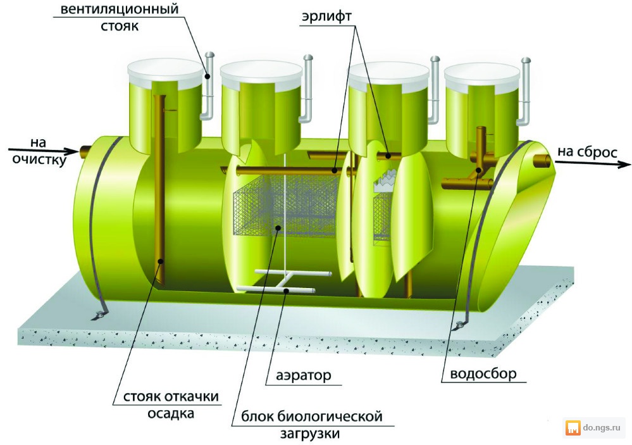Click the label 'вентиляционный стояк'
point(120,17)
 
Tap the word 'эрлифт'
point(326,17)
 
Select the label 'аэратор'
point(304,375)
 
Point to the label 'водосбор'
point(483,373)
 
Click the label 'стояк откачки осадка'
point(171,404)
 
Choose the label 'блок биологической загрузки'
point(311,424)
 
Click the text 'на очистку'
point(39,151)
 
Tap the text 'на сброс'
point(587,152)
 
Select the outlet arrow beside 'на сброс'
point(593,163)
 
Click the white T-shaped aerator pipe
point(284,281)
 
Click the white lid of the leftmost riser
point(165,74)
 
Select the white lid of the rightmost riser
point(482,76)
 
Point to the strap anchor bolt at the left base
point(97,316)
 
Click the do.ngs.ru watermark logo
point(573,428)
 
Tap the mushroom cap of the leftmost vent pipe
point(209,55)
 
